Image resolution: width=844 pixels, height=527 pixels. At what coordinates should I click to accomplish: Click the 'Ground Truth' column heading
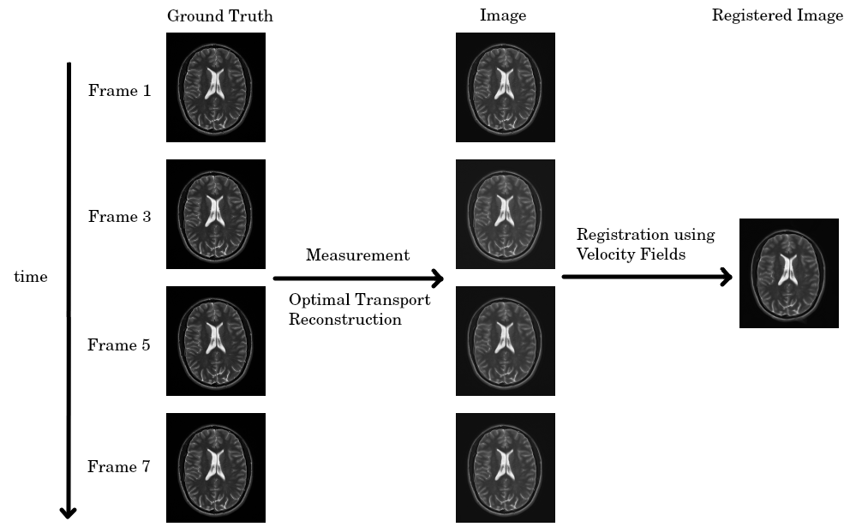pos(220,16)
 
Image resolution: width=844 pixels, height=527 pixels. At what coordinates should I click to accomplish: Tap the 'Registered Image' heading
pos(777,16)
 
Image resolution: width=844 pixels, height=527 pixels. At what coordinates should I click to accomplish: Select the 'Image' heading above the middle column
pos(503,16)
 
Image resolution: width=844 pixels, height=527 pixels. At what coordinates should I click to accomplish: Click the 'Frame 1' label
pos(120,90)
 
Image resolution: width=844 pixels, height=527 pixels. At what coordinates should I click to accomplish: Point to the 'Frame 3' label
pos(120,217)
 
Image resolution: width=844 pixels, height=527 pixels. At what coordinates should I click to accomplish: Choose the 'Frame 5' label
pos(120,345)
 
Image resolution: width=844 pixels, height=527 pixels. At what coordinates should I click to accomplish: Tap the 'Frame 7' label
pos(120,467)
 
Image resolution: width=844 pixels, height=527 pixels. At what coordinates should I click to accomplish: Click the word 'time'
pos(31,277)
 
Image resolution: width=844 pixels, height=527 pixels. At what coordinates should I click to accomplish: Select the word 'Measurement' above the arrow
pos(357,255)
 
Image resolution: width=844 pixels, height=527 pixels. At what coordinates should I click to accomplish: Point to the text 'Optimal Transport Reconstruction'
pos(359,309)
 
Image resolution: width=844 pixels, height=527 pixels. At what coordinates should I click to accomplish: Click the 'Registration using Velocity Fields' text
pos(645,244)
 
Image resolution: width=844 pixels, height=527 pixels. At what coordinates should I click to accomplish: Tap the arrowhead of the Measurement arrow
pos(437,278)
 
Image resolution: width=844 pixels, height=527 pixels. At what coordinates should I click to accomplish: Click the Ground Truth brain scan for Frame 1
pos(216,87)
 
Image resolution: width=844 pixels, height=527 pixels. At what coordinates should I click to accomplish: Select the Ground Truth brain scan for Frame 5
pos(216,341)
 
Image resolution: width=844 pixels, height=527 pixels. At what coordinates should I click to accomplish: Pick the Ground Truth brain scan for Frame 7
pos(216,468)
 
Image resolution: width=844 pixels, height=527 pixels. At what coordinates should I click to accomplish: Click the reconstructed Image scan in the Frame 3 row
pos(506,214)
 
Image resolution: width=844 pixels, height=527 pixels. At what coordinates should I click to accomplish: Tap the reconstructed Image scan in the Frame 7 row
pos(506,468)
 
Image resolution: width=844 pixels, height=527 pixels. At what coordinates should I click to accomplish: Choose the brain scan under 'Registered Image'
pos(788,273)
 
